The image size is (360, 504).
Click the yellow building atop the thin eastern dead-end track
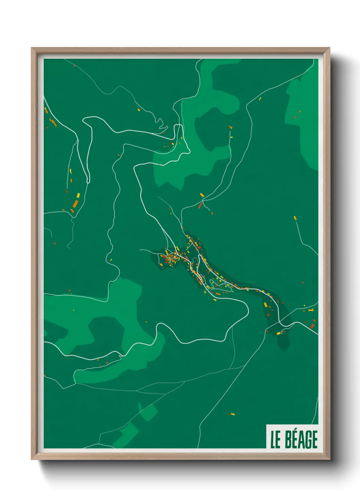pyautogui.click(x=295, y=218)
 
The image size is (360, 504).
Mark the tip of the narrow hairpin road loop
pyautogui.click(x=88, y=180)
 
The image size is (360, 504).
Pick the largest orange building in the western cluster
pyautogui.click(x=75, y=204)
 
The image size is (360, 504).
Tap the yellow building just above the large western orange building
pyautogui.click(x=78, y=195)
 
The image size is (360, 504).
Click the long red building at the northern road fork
pyautogui.click(x=200, y=205)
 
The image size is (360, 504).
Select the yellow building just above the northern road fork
pyautogui.click(x=202, y=195)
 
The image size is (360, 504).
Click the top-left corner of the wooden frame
pyautogui.click(x=32, y=48)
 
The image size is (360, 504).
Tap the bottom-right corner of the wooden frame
pyautogui.click(x=329, y=459)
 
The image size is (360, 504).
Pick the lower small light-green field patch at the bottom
pyautogui.click(x=128, y=434)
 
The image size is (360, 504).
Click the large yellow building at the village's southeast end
pyautogui.click(x=265, y=304)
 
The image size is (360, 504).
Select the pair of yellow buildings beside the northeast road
pyautogui.click(x=260, y=99)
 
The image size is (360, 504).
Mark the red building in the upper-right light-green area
pyautogui.click(x=295, y=117)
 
